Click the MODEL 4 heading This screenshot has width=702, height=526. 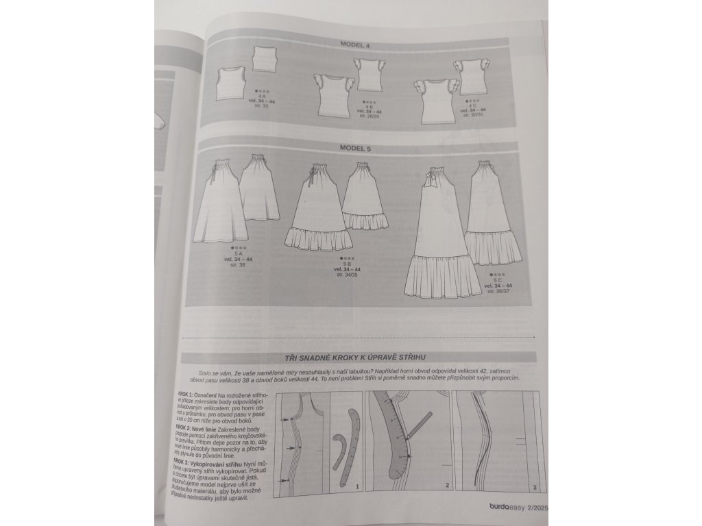(x=355, y=45)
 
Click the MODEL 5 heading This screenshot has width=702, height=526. (x=355, y=148)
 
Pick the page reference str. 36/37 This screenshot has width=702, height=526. (x=499, y=291)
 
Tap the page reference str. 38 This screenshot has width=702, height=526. (x=239, y=264)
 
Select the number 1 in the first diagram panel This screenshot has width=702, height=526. (x=357, y=485)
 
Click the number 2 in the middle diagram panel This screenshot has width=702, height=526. (x=446, y=485)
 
